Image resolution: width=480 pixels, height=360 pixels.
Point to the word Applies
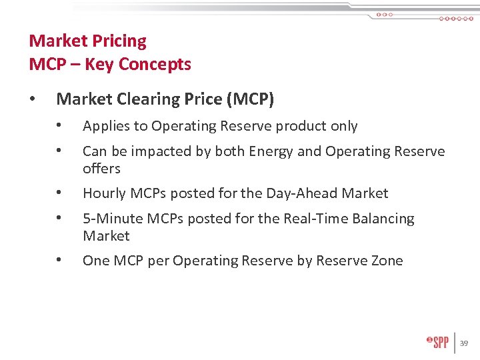(x=104, y=127)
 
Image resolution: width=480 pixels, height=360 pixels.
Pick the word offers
(x=101, y=169)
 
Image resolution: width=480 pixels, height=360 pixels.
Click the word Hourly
(x=104, y=194)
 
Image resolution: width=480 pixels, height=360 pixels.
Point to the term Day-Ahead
(x=302, y=194)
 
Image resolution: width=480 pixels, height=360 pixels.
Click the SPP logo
(x=437, y=343)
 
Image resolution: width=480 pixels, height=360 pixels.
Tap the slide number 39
(x=464, y=343)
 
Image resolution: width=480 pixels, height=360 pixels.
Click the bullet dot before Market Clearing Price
(x=33, y=99)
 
